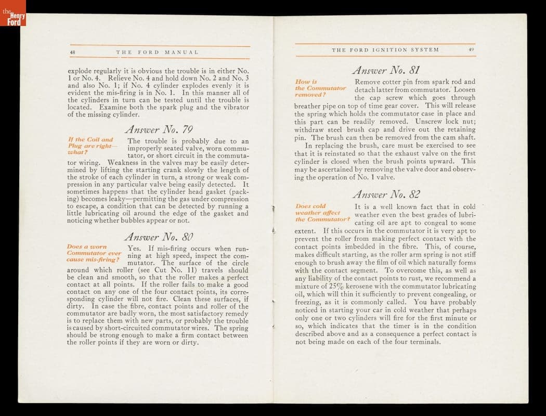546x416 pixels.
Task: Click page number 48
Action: tap(73, 52)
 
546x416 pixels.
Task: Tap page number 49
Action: tap(471, 49)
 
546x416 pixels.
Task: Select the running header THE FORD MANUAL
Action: tap(157, 52)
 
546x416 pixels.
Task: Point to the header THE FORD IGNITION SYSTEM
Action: tap(385, 49)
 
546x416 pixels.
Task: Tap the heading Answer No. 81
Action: tap(385, 69)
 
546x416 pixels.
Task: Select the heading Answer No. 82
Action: tap(385, 194)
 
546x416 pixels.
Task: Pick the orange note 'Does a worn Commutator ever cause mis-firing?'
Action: tap(94, 253)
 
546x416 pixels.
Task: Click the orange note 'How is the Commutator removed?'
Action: tap(320, 88)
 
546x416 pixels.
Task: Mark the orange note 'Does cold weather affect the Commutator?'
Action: tap(322, 213)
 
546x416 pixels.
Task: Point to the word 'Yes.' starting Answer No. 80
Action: tap(135, 249)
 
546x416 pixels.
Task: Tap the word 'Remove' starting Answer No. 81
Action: tap(367, 82)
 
